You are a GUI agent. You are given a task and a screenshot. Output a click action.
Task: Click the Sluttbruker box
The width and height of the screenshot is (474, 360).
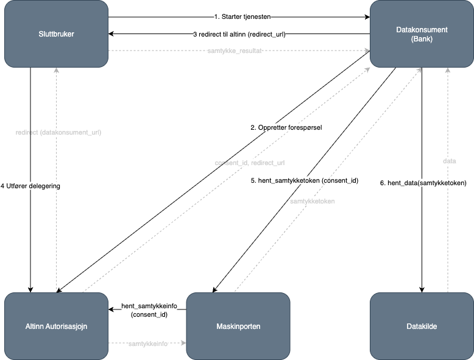coord(56,34)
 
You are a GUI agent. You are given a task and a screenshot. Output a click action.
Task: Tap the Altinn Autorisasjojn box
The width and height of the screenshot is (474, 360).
coord(56,326)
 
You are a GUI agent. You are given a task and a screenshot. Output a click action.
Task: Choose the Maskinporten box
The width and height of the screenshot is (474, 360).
coord(238,326)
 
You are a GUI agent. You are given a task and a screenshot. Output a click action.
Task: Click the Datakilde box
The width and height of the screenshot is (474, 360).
coord(422,326)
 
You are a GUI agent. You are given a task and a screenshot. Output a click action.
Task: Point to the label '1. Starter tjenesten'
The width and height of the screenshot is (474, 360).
coord(239,16)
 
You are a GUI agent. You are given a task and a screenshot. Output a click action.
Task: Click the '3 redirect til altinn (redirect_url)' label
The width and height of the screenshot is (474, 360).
coord(239,35)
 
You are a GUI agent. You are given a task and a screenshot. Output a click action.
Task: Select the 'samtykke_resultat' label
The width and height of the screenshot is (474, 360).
coord(235,51)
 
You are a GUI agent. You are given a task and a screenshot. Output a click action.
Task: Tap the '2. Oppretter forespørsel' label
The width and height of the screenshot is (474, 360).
coord(286,128)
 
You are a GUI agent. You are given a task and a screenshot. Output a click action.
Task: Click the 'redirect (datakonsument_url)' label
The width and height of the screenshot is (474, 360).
coord(58,132)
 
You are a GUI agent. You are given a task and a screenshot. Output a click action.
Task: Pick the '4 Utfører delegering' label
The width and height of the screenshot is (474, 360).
coord(30,185)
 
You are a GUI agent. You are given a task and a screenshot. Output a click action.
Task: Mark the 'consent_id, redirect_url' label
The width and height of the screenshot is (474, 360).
coord(250,163)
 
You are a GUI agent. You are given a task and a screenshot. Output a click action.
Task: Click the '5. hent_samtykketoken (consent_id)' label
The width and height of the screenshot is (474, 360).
coord(305,181)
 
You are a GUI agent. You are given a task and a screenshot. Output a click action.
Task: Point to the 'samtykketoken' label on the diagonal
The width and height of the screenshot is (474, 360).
coord(312,201)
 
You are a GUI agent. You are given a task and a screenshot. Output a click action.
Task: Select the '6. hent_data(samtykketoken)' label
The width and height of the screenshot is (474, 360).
coord(423,183)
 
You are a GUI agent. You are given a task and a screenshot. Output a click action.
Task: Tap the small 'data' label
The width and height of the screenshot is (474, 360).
coord(449,161)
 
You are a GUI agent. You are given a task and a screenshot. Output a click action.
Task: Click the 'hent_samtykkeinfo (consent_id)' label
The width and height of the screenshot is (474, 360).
coord(149,309)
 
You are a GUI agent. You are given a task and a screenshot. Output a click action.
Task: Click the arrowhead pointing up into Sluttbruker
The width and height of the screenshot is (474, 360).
coord(56,71)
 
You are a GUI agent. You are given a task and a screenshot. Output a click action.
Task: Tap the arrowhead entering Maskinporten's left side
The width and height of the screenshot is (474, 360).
coord(183,344)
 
